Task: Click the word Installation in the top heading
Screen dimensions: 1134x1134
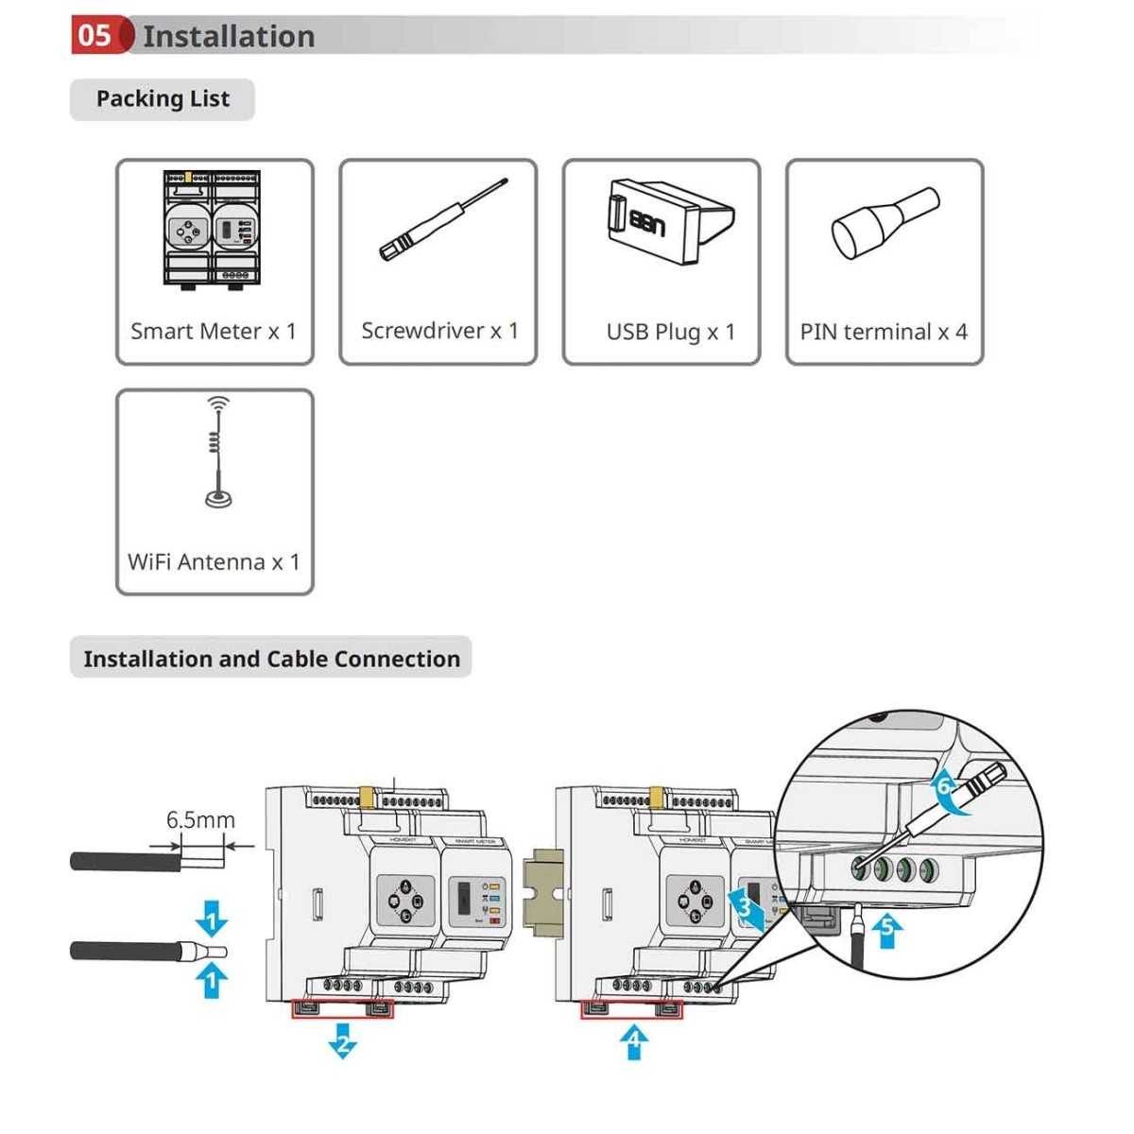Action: (229, 36)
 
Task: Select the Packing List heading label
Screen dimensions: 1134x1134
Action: (163, 99)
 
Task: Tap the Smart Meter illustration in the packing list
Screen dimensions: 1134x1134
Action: (212, 230)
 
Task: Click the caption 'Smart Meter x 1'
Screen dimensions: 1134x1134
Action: (214, 332)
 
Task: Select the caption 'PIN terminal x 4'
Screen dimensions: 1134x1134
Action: (884, 332)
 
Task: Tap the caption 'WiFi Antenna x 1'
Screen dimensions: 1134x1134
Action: (214, 562)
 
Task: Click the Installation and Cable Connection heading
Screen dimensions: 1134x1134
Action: (271, 659)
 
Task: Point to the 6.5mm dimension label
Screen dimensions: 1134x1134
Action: (200, 820)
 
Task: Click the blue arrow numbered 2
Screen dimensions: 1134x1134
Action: (342, 1042)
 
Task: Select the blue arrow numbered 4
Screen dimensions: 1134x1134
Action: (634, 1042)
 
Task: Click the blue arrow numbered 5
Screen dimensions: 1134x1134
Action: (886, 930)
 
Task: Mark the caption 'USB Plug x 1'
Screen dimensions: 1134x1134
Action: (670, 332)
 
